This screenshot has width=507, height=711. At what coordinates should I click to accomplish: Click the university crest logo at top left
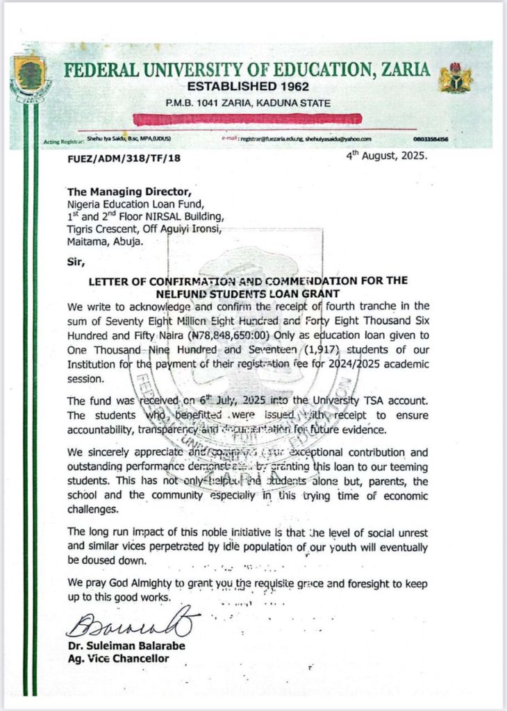29,75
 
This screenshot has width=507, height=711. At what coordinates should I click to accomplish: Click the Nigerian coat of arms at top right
456,78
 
